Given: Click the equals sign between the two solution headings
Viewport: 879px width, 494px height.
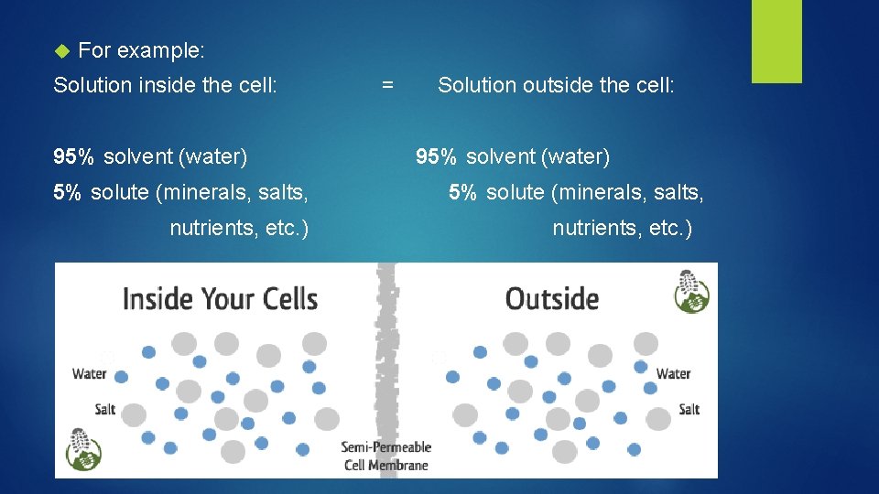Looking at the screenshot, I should point(387,85).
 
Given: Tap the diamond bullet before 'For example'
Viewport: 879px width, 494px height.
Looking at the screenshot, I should point(61,49).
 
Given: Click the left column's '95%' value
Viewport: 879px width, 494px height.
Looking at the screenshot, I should point(73,157).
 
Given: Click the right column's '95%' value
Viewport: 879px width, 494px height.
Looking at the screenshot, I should point(436,157).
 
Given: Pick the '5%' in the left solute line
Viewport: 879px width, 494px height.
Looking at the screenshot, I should point(67,192).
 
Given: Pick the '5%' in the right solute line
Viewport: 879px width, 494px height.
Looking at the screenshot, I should point(462,192).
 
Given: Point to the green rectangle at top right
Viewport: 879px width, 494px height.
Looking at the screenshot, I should point(776,41).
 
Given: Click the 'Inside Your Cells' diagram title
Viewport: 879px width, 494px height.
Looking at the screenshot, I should point(220,298).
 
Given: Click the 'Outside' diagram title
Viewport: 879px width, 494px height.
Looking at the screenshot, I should point(552,298).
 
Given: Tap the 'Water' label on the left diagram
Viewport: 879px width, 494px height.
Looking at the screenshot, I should point(89,373).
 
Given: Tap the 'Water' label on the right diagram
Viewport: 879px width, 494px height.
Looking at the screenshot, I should point(673,373).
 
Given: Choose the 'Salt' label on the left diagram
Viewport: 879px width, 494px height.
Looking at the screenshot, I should point(105,409).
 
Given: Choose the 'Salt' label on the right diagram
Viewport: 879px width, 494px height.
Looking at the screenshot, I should point(689,409).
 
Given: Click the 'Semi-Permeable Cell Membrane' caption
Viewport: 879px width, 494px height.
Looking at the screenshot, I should point(385,456).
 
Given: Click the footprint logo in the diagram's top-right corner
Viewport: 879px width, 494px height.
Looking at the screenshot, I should point(693,291).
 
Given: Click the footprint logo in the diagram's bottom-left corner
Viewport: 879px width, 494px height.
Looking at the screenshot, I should point(83,449).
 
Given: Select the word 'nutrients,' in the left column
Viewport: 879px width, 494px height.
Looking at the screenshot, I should point(212,227).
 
